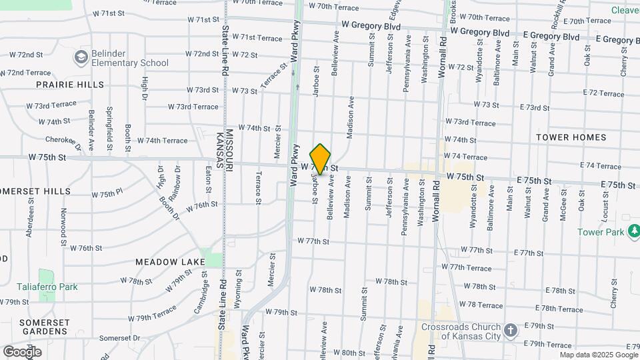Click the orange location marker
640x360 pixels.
[x=321, y=159]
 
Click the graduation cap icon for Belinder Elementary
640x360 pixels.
[x=81, y=56]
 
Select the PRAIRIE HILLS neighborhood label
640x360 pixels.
[x=70, y=85]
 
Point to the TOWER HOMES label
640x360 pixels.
[x=571, y=137]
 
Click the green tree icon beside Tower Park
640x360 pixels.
[x=634, y=231]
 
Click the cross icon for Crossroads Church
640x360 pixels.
[x=510, y=331]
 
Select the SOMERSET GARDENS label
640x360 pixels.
[x=44, y=327]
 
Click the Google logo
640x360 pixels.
[x=22, y=352]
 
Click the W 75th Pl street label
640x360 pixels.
[x=107, y=194]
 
